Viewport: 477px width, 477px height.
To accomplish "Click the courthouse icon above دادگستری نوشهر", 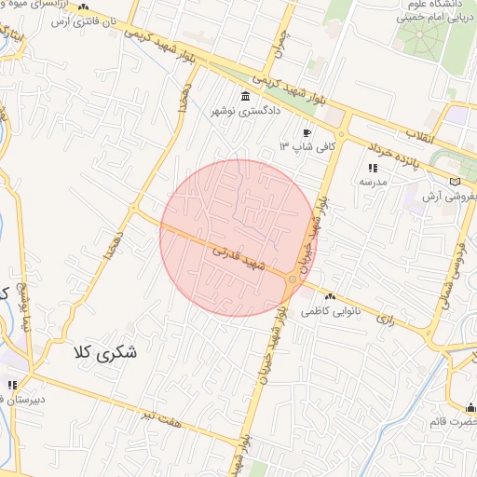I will (245, 98).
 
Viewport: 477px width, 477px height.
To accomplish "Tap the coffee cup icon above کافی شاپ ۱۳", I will (307, 133).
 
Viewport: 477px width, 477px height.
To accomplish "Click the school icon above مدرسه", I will (373, 169).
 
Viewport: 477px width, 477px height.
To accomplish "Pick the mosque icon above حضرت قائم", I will (470, 407).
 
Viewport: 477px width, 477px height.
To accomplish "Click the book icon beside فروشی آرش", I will (456, 182).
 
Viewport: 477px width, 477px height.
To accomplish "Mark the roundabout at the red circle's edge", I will (293, 279).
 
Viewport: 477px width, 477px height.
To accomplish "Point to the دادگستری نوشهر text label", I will (246, 112).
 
